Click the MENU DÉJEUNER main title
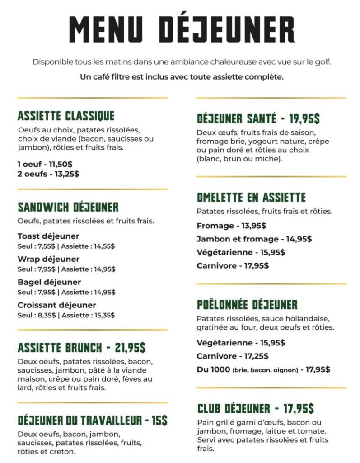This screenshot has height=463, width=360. (x=182, y=29)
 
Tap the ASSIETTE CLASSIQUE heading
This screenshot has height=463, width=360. (x=66, y=116)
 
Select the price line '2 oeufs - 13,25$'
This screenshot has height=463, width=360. (x=48, y=174)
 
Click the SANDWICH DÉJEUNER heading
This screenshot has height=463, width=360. (x=68, y=207)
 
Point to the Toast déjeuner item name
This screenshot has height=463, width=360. (x=48, y=236)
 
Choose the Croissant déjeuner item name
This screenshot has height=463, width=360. (x=57, y=305)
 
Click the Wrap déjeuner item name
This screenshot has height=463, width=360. (x=48, y=259)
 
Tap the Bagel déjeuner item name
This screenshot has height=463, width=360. (x=49, y=282)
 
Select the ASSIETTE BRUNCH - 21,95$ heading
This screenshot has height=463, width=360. (x=82, y=348)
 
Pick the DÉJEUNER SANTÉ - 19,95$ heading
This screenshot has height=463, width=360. (x=258, y=119)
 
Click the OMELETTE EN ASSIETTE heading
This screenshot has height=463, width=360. (x=251, y=197)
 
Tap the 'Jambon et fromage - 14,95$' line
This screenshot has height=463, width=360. (x=254, y=239)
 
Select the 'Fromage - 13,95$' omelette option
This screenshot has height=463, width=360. (x=231, y=226)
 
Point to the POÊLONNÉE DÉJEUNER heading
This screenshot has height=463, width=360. (x=247, y=304)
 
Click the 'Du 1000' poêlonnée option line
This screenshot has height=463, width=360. (x=263, y=369)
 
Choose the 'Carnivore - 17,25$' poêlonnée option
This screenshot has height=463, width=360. (x=233, y=356)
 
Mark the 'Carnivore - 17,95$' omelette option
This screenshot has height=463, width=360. (x=233, y=265)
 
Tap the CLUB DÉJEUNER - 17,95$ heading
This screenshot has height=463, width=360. (x=256, y=408)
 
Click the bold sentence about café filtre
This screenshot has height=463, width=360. (x=182, y=77)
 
